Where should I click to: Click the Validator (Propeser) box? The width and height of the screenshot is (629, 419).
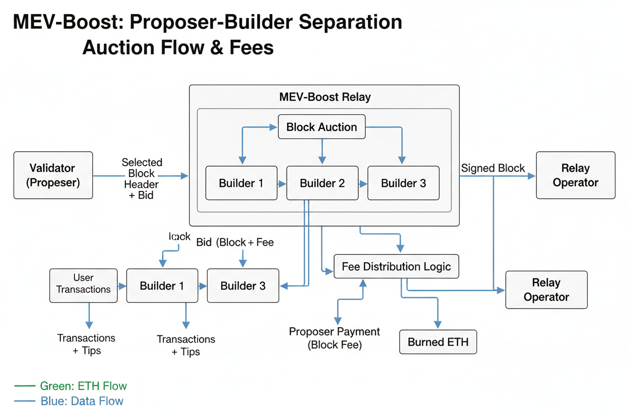53,175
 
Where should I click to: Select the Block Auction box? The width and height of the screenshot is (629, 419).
322,127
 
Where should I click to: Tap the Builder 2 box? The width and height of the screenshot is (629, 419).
322,183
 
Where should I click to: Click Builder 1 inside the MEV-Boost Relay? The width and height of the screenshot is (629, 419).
241,183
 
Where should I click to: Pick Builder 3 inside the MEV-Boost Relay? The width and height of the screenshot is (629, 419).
403,183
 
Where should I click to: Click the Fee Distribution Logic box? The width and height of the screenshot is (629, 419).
396,266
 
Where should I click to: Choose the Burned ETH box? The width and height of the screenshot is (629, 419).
438,342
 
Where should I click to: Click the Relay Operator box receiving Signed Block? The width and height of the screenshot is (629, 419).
575,175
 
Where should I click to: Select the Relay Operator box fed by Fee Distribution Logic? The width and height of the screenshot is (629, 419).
546,290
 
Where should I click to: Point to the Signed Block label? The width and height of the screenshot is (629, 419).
493,168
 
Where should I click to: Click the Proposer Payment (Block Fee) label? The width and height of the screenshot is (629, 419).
335,338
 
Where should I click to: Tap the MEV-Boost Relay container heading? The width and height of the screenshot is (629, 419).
325,97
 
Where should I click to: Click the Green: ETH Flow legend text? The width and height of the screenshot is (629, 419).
83,386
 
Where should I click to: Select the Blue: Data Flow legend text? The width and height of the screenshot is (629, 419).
82,401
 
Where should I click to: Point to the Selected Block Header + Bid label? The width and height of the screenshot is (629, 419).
142,178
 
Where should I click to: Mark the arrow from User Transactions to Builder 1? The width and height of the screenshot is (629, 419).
121,286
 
